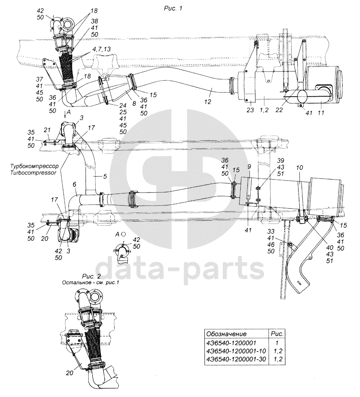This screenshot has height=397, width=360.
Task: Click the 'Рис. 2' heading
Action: click(91, 276)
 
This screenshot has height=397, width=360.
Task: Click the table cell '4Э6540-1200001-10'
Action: click(236, 351)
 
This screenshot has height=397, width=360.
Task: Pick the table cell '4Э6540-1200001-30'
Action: click(236, 359)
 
